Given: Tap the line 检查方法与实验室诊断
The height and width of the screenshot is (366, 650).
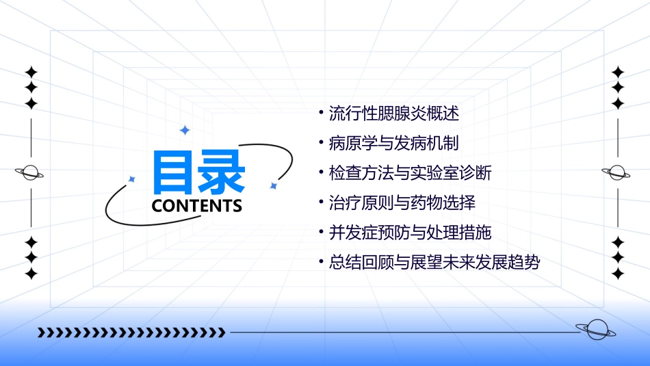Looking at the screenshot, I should [x=410, y=173].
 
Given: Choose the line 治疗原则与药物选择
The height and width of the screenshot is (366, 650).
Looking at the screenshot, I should [x=402, y=202].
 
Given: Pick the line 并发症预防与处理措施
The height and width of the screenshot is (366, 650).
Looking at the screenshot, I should [x=410, y=233].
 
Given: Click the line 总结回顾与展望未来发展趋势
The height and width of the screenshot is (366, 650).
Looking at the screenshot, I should [x=434, y=263].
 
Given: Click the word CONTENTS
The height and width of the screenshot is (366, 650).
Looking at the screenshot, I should [x=197, y=206].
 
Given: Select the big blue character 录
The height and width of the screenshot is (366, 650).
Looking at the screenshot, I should [x=221, y=172].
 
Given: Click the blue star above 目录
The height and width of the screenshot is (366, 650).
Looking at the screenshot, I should [x=183, y=130].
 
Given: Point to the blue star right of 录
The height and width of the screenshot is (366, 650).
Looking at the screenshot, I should [x=273, y=185].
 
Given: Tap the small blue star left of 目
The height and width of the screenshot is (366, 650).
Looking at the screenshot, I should [x=132, y=179].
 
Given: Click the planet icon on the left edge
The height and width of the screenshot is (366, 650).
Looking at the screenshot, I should [x=30, y=173].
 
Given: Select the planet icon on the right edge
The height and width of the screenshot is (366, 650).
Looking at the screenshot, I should [x=617, y=173].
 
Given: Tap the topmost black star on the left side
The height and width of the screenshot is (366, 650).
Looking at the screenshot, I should [x=31, y=72].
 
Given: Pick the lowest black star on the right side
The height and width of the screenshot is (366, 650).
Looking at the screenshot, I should [x=618, y=274].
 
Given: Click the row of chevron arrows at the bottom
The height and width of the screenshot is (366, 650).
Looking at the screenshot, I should [x=131, y=332].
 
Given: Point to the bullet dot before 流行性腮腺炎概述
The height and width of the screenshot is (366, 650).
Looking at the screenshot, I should [x=321, y=112].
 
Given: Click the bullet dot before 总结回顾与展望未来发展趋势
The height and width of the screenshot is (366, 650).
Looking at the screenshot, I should [x=321, y=262].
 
